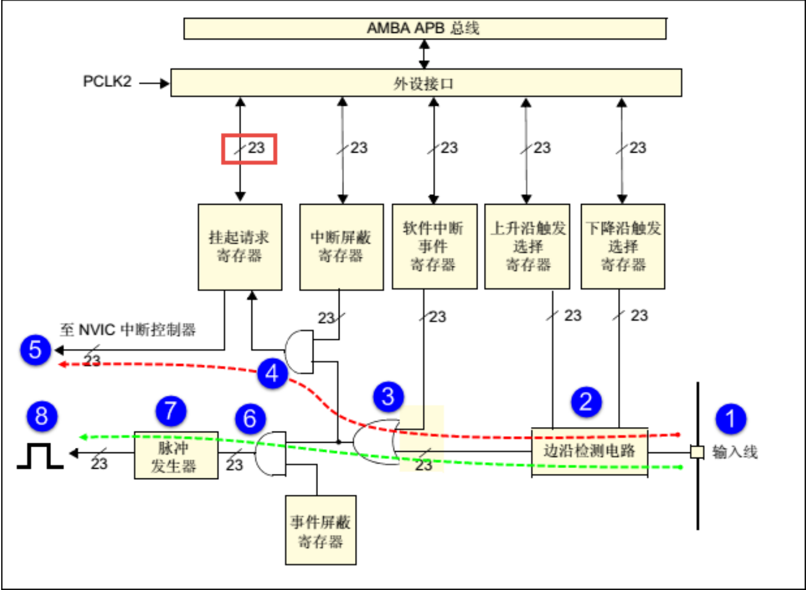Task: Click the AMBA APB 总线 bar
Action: click(424, 28)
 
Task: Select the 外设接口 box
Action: click(426, 83)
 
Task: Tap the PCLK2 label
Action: click(107, 81)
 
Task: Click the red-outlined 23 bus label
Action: click(249, 149)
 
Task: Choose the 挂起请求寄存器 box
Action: click(240, 247)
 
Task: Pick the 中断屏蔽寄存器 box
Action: click(341, 247)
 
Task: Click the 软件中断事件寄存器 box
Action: click(434, 247)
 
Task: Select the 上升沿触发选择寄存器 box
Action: click(527, 247)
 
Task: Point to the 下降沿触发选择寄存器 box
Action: click(623, 247)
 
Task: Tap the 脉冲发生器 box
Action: click(176, 456)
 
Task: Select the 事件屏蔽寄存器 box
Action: click(320, 530)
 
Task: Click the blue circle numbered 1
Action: click(730, 419)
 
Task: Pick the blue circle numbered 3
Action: click(388, 397)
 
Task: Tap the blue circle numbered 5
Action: click(35, 350)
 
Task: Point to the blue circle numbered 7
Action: click(171, 411)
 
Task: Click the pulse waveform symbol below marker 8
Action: click(40, 456)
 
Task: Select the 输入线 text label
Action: click(735, 452)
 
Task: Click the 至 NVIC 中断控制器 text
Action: click(128, 330)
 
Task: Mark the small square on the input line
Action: click(697, 452)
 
